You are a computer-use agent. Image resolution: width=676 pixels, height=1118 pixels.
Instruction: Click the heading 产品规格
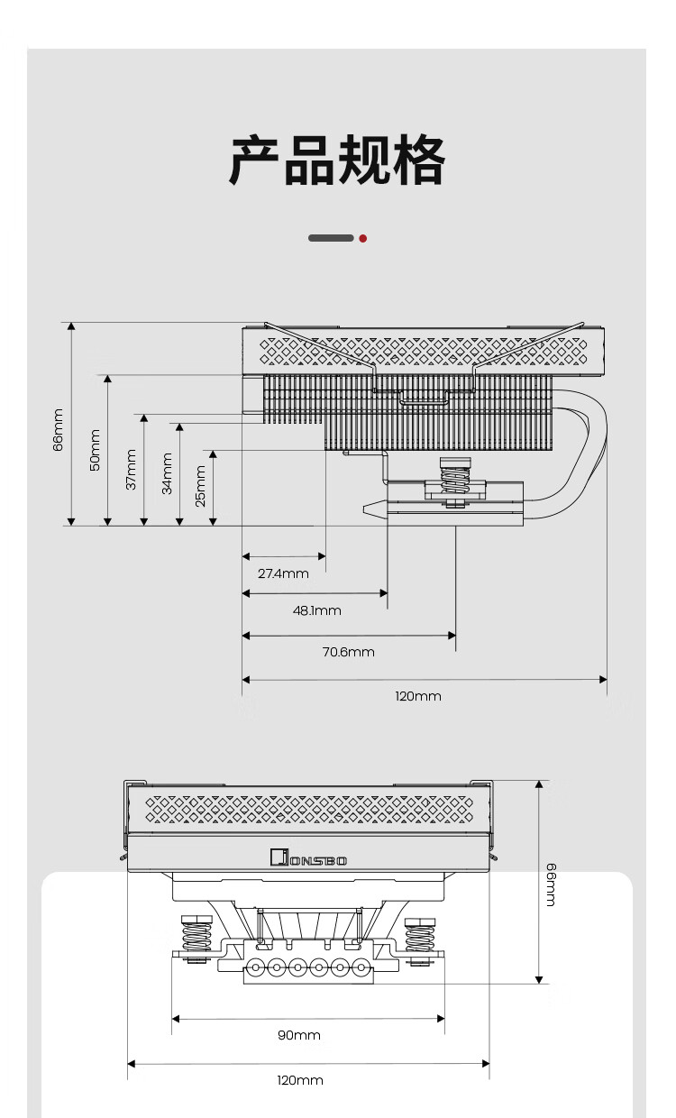(337, 161)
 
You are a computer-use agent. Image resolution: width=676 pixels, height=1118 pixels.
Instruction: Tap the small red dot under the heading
(362, 238)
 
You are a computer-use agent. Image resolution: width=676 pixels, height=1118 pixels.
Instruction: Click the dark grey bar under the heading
(331, 238)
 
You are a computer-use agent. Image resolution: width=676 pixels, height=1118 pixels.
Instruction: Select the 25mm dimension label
(201, 485)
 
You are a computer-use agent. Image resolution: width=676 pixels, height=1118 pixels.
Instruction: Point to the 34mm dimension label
(167, 473)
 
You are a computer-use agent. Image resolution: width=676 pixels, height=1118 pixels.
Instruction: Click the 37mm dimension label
(131, 469)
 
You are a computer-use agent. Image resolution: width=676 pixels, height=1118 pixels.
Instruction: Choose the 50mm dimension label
(95, 449)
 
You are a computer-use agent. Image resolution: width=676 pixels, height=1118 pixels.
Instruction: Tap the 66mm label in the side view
(59, 429)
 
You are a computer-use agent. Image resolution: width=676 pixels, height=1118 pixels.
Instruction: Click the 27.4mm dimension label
(283, 573)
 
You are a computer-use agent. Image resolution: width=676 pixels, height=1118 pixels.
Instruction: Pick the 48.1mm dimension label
(317, 610)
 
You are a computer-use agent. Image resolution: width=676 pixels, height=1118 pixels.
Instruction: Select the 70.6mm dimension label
(349, 652)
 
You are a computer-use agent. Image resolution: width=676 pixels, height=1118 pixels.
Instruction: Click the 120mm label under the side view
(418, 696)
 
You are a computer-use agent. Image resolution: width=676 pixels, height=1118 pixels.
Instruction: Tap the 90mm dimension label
(299, 1035)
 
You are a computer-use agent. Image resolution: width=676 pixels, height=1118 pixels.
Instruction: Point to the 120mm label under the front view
(300, 1080)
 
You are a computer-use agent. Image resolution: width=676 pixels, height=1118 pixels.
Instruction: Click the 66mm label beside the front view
(551, 884)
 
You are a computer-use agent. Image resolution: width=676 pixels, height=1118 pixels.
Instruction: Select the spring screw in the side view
(455, 478)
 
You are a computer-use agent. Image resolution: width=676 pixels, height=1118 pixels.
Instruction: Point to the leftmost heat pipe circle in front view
(255, 968)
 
